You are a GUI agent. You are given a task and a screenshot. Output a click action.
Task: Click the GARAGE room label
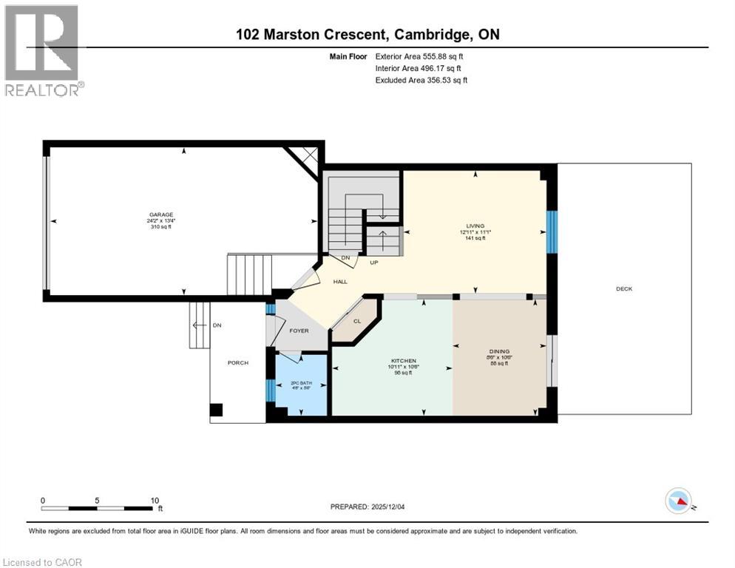[x=160, y=215]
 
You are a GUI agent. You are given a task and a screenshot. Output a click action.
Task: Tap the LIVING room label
[x=475, y=226]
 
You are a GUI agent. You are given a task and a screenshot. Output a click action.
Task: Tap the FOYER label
[x=299, y=331]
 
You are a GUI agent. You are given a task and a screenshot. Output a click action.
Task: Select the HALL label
[x=340, y=282]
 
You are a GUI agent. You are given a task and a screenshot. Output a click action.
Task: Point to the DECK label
[x=624, y=289]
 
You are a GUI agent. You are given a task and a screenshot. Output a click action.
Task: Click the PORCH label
[x=238, y=362]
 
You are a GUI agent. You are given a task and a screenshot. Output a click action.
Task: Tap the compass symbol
[x=678, y=501]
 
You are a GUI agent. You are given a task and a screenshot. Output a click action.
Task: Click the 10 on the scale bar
[x=155, y=500]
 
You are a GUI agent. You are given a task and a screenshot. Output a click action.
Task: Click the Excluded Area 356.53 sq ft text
[x=421, y=80]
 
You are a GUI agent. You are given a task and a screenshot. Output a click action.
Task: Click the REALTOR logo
[x=41, y=50]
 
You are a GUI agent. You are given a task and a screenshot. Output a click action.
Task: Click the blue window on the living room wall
[x=551, y=231]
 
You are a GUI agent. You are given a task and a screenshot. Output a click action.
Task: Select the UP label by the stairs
[x=374, y=262]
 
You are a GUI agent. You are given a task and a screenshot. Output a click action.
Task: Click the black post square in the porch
[x=216, y=410]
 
